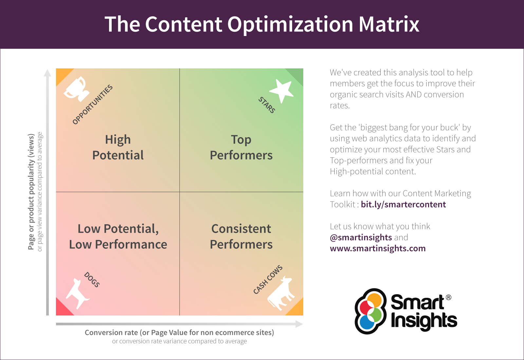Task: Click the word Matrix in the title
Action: [x=389, y=24]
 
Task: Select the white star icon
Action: [x=281, y=90]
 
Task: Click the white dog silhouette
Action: [x=77, y=292]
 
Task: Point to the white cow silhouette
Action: [x=281, y=293]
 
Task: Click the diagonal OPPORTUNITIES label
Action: [x=93, y=104]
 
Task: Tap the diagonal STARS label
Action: [x=267, y=105]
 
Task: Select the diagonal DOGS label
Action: [x=92, y=279]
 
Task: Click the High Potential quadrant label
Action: [x=118, y=147]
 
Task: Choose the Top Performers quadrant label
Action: [x=241, y=147]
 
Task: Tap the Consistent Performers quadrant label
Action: [x=241, y=236]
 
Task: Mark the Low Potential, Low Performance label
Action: [x=118, y=236]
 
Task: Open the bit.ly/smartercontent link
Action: [x=403, y=205]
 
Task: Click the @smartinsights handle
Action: [x=361, y=237]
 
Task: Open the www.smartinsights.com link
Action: [x=378, y=248]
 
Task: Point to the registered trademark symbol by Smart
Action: [x=448, y=297]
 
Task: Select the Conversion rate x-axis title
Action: [x=179, y=333]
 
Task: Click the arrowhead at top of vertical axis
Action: [x=48, y=73]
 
